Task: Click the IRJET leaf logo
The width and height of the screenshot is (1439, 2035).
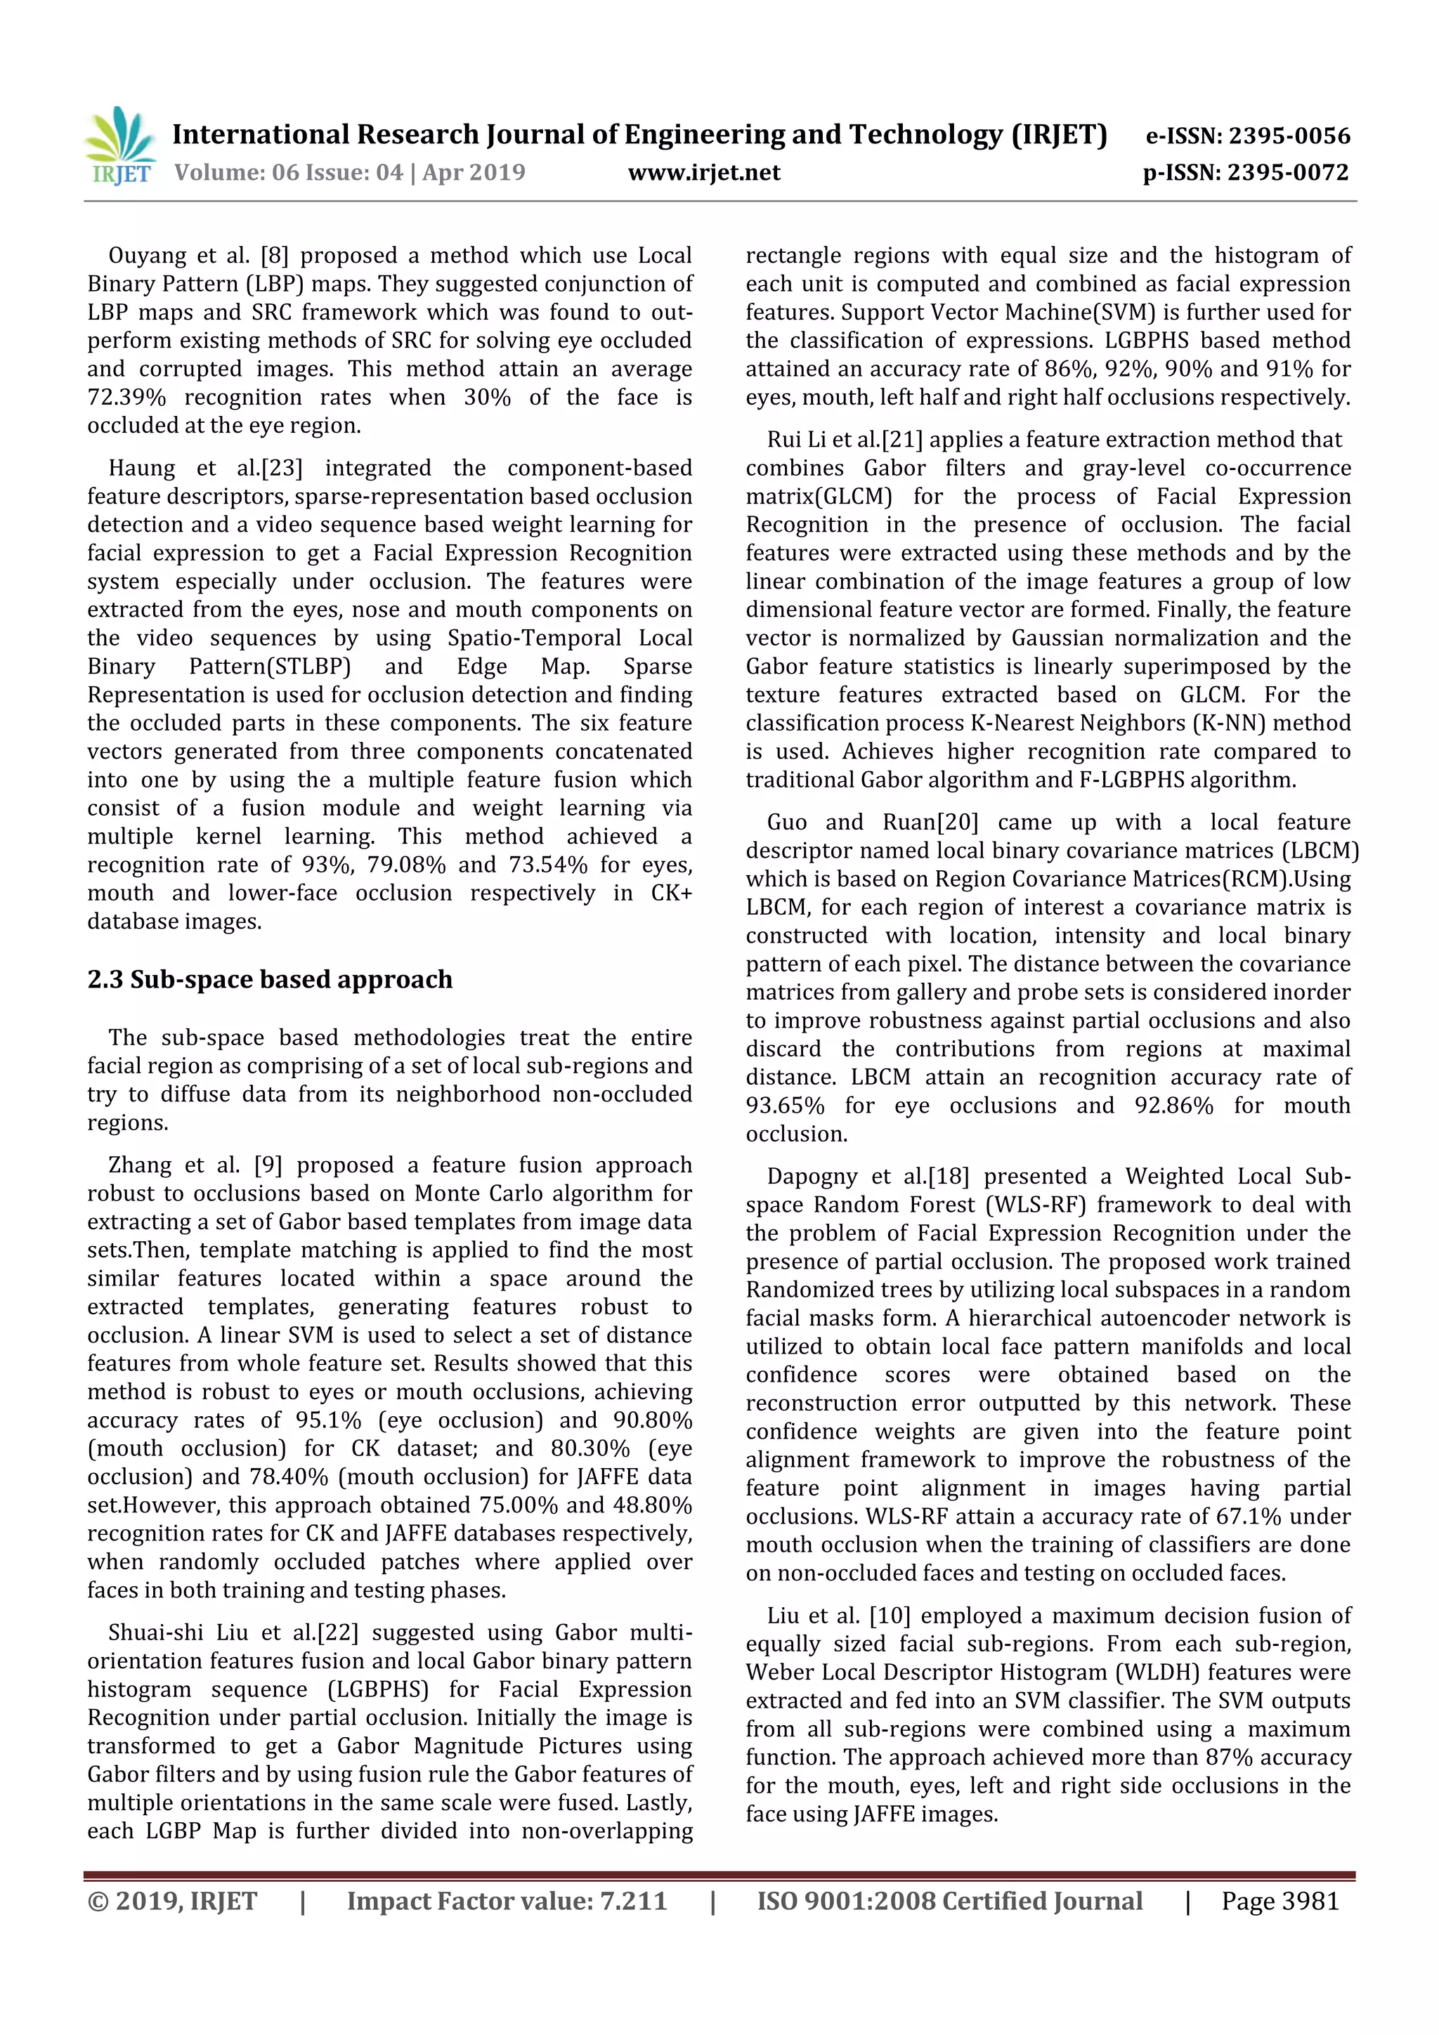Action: (x=121, y=145)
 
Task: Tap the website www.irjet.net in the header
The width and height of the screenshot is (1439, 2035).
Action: (x=704, y=173)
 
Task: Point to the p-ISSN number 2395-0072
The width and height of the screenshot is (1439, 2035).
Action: (x=1287, y=173)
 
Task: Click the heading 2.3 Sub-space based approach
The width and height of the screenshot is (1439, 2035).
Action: (x=270, y=979)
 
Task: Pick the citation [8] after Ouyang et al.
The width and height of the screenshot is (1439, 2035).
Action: (x=274, y=256)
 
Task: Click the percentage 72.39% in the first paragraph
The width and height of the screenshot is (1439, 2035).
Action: (x=126, y=398)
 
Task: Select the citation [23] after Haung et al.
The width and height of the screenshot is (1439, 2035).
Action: (x=282, y=469)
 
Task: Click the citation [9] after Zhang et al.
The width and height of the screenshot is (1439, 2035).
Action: (x=268, y=1165)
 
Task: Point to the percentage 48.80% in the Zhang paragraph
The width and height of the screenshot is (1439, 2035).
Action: (x=651, y=1505)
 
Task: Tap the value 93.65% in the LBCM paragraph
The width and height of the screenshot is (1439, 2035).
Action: (x=785, y=1106)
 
